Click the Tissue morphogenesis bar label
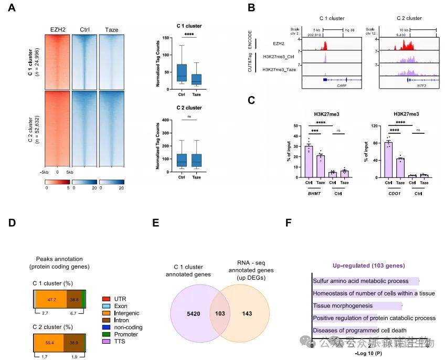pyautogui.click(x=343, y=305)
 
